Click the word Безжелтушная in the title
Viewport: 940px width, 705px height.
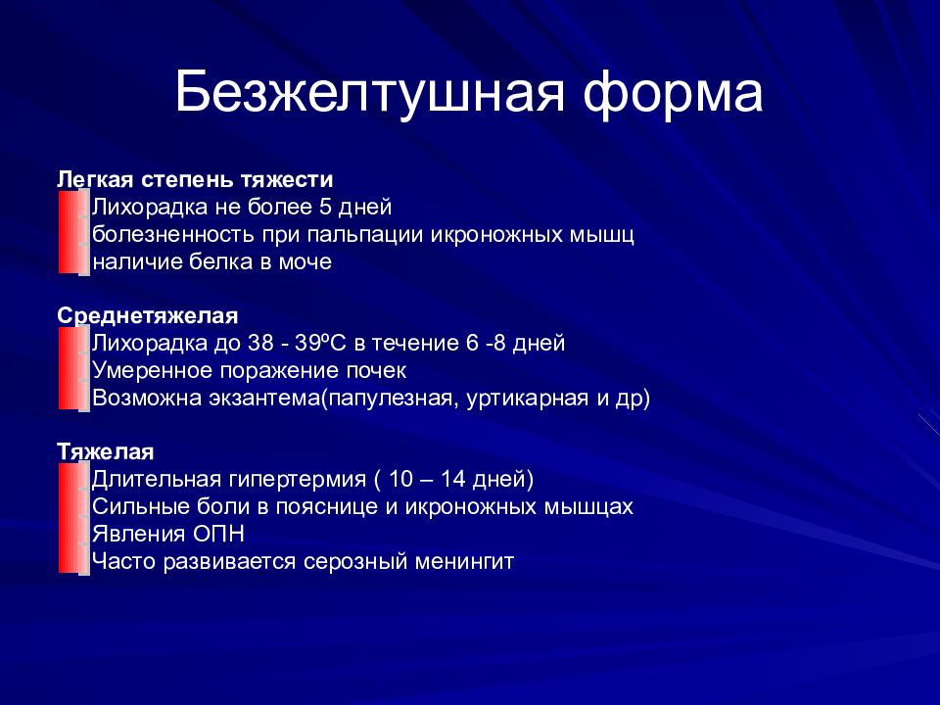pyautogui.click(x=370, y=93)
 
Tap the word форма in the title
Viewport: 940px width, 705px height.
pyautogui.click(x=673, y=93)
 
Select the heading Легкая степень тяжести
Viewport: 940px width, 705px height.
pyautogui.click(x=195, y=179)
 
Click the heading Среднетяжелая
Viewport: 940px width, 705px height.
pyautogui.click(x=148, y=315)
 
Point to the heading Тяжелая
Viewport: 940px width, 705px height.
pyautogui.click(x=106, y=450)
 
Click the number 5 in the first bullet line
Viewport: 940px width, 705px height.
pyautogui.click(x=325, y=207)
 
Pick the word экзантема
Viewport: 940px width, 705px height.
pyautogui.click(x=264, y=399)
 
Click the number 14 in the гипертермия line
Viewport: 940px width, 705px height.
pyautogui.click(x=453, y=479)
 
